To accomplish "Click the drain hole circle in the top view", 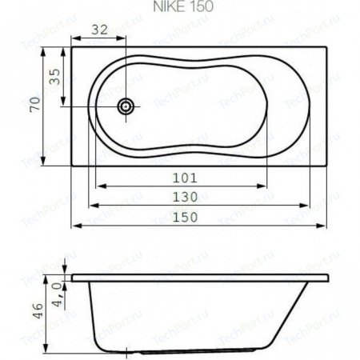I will click(126, 106).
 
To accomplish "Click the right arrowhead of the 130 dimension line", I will click(304, 206).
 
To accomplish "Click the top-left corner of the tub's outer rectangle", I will click(72, 46).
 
